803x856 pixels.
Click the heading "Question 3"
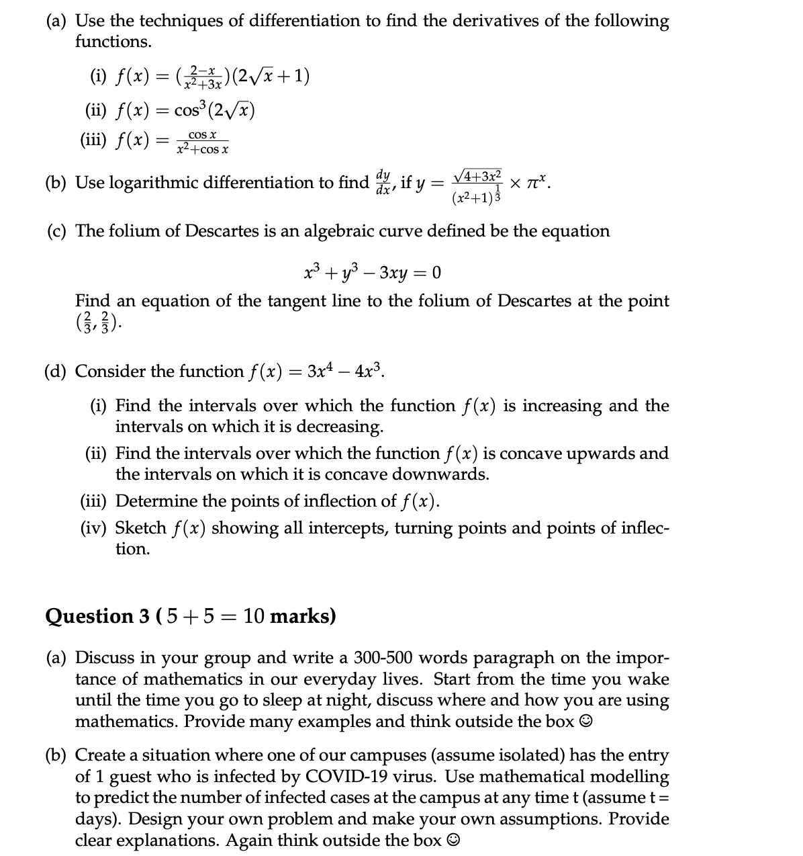pos(98,615)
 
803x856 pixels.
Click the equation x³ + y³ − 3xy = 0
pos(372,272)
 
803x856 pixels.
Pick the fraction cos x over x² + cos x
pos(201,142)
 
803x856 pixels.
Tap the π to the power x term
pos(536,181)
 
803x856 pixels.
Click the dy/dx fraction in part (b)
pos(383,181)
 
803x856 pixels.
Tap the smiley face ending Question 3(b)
pos(454,840)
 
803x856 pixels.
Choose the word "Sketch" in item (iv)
pos(141,527)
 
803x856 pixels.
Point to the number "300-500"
pos(386,656)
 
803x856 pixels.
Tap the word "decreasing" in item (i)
pos(340,426)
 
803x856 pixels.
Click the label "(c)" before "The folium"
pos(58,230)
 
